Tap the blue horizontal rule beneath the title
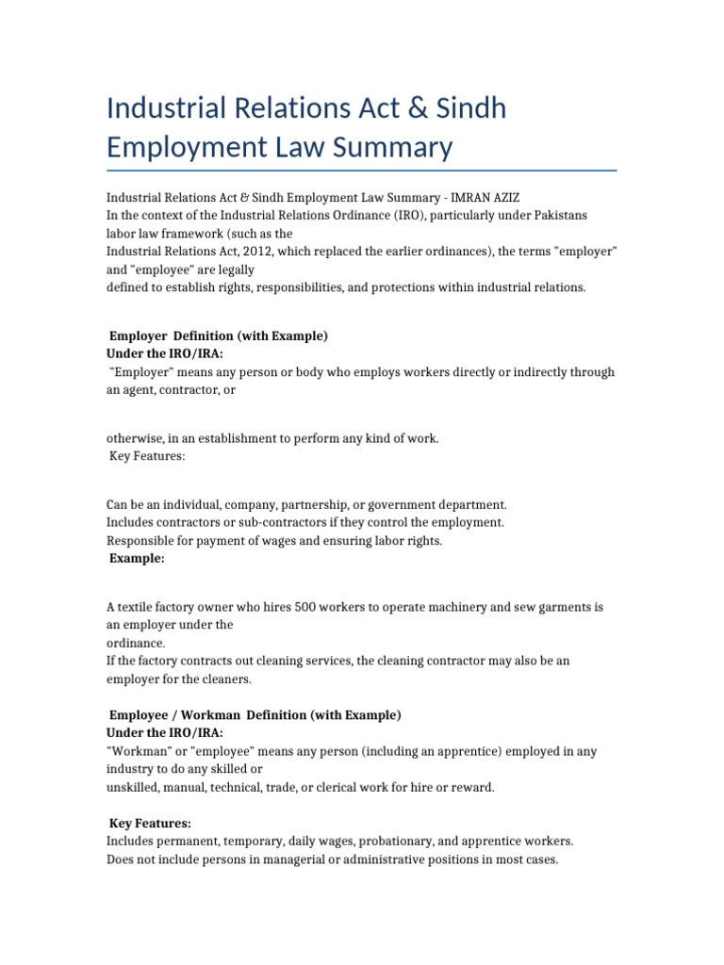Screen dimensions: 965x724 361,171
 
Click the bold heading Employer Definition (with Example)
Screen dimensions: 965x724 219,335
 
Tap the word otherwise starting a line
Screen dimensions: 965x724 134,438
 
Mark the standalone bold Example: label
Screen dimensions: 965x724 138,558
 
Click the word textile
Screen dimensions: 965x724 138,607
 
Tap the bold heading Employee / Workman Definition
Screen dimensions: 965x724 255,715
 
